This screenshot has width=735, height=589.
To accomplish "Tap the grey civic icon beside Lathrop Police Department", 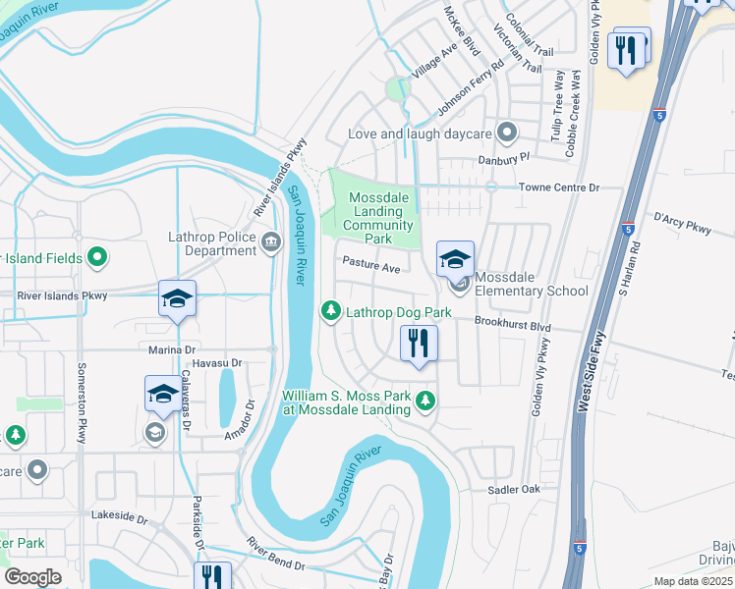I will coord(271,241).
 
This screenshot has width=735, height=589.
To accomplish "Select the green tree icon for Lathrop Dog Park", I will coord(331,311).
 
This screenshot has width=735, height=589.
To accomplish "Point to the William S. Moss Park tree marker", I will coord(424,400).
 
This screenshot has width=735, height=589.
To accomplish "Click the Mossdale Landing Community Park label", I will coord(370,218).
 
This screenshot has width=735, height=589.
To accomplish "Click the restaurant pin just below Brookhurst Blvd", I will coord(419,344).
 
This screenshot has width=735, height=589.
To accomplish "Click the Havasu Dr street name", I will coord(206,363).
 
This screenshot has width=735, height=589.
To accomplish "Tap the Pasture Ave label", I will coord(370,267).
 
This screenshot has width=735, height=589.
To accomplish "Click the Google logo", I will coord(32,577).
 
